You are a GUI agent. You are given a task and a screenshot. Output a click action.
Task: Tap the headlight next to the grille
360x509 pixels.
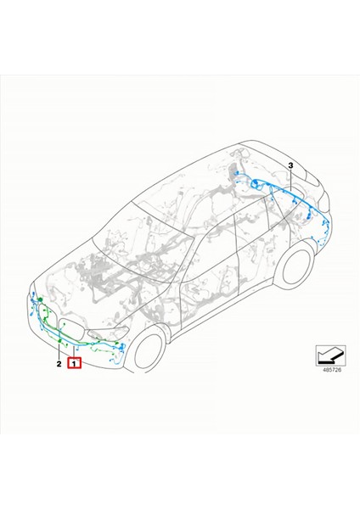point(112,333)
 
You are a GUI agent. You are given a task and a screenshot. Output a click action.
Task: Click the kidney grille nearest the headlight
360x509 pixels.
point(77,329)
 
